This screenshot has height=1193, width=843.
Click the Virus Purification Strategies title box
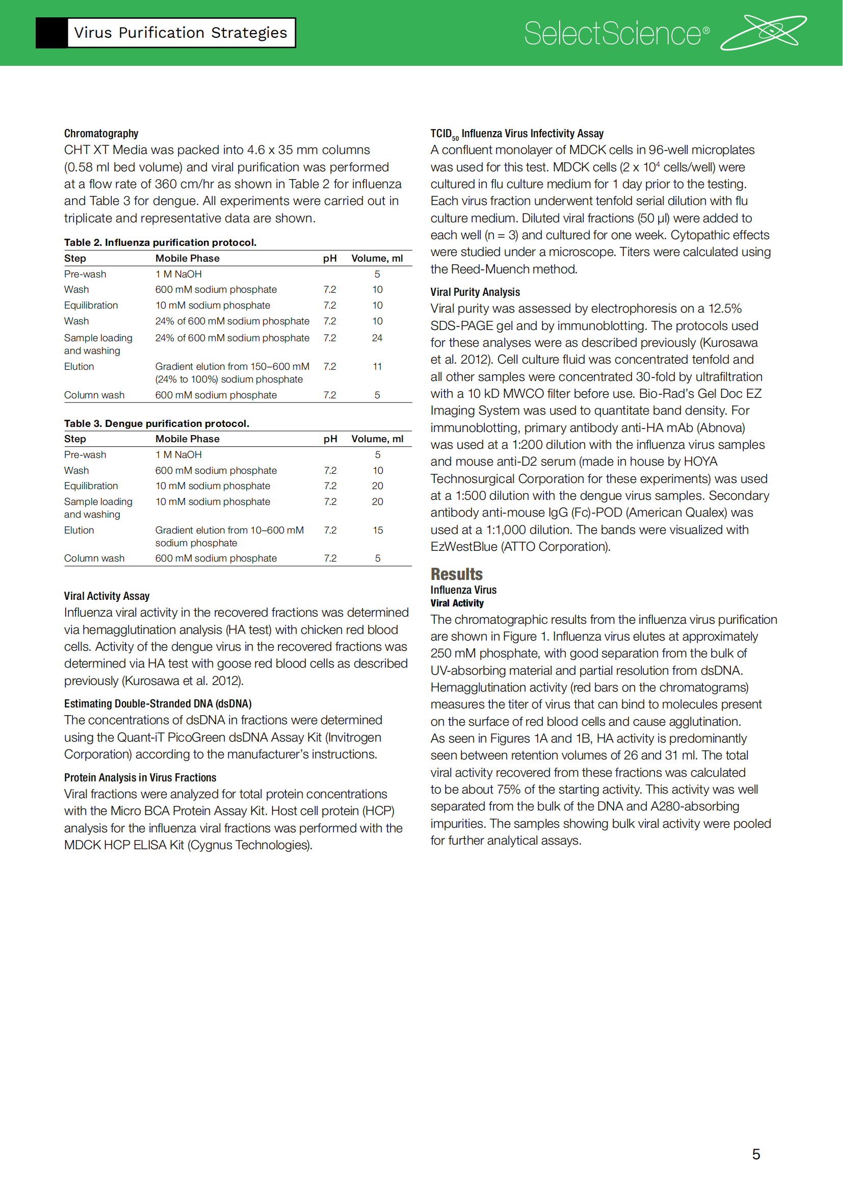point(180,33)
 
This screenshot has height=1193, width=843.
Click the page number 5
point(756,1154)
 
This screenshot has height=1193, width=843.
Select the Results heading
point(456,574)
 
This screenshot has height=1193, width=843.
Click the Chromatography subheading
point(101,134)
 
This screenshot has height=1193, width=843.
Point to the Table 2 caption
point(160,243)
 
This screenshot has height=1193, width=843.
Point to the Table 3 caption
point(156,423)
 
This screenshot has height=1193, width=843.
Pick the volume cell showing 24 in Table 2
point(377,338)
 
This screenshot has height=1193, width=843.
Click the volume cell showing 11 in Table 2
point(377,367)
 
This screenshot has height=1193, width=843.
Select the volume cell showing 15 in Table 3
point(377,530)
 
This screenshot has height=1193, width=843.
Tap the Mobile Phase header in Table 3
point(188,439)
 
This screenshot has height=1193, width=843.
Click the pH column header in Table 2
point(330,259)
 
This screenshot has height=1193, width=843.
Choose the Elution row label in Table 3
point(79,530)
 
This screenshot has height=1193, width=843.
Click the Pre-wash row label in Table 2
point(85,274)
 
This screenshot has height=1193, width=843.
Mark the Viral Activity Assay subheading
point(107,596)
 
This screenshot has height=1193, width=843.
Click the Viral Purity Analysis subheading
point(475,292)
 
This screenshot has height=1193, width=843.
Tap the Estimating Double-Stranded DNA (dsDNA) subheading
point(158,703)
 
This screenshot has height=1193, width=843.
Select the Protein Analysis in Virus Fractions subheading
point(140,777)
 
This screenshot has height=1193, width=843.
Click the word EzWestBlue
point(463,547)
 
